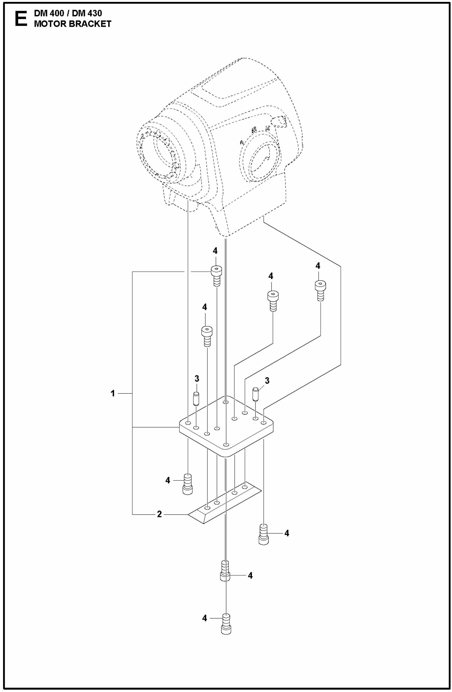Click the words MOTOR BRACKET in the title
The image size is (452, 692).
72,24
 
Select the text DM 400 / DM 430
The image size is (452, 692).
68,13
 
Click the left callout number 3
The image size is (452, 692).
197,379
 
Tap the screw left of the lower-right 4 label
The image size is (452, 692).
263,534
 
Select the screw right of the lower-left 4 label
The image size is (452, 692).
187,484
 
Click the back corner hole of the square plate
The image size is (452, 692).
225,402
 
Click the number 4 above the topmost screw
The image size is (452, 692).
215,251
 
